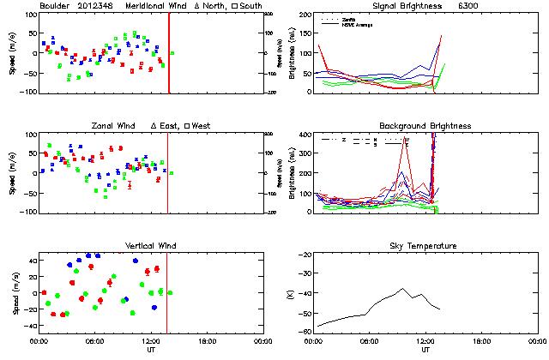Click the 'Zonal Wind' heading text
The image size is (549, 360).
coord(114,126)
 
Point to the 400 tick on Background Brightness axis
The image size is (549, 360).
coord(305,135)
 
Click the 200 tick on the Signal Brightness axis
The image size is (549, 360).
coord(305,15)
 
